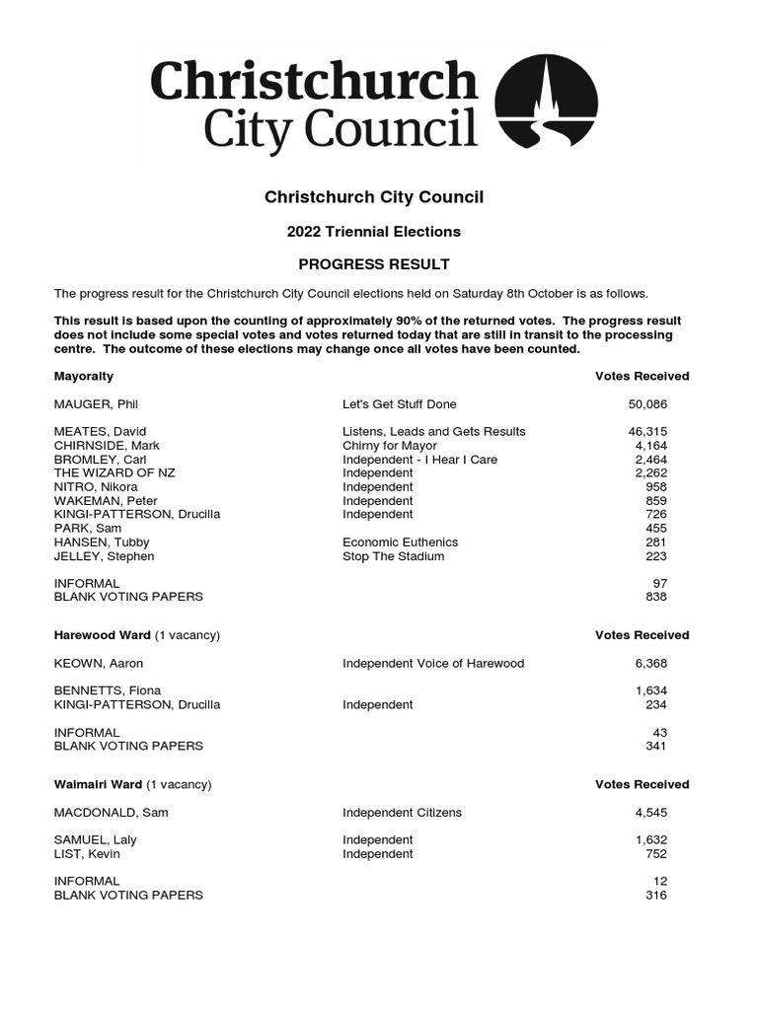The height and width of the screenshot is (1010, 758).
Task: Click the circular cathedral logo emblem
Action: point(546,103)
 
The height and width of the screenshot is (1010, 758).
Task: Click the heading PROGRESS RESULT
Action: point(374,264)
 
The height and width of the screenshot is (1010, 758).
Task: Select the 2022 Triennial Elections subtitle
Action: point(374,232)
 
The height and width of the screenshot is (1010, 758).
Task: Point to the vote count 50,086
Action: point(647,404)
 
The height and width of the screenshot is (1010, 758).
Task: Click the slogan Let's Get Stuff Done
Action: point(400,404)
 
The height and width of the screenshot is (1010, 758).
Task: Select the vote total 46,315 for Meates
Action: point(647,432)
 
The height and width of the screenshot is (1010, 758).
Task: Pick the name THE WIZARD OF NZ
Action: point(114,473)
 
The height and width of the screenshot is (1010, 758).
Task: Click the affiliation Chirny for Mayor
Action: point(389,446)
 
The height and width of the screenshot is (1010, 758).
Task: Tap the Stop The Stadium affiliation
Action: point(394,556)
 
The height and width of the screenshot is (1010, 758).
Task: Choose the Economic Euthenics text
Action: point(401,542)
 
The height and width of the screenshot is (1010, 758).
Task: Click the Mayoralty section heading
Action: point(84,377)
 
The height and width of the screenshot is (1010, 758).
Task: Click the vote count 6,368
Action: point(650,664)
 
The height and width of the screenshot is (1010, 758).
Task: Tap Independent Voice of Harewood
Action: point(433,664)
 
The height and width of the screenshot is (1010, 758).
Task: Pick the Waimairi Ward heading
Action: point(98,785)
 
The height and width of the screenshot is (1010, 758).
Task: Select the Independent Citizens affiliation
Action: point(402,813)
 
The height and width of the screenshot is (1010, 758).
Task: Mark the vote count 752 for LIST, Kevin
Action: point(656,854)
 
